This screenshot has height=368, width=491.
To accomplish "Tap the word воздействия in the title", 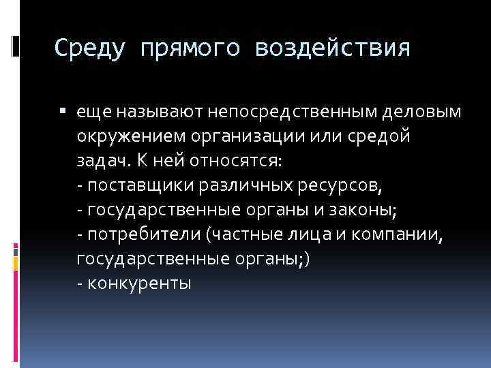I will [333, 48].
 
